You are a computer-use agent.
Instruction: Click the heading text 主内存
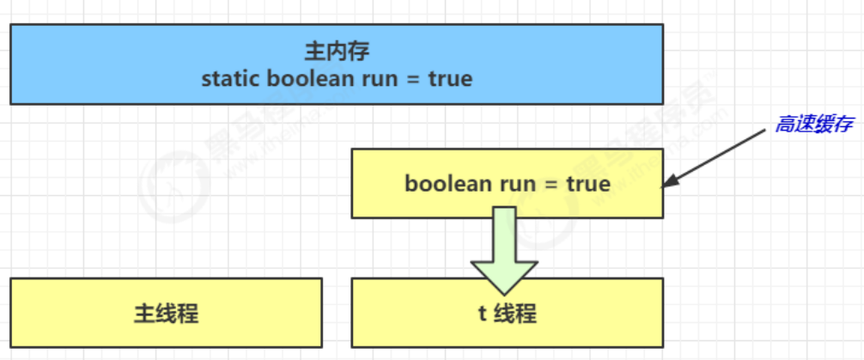coord(337,51)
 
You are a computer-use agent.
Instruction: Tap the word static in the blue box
coord(231,79)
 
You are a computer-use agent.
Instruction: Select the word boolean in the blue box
coord(308,79)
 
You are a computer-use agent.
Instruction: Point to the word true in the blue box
coord(449,79)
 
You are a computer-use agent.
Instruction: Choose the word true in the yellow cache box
coord(588,184)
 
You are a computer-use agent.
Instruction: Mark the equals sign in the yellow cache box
coord(551,184)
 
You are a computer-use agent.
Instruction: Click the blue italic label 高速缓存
coord(813,125)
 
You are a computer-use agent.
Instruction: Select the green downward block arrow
coord(503,249)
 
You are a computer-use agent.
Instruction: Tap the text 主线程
coord(166,314)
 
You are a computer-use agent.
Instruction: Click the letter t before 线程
coord(483,314)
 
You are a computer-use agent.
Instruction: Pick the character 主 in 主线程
coord(144,314)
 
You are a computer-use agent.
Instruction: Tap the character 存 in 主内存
coord(358,51)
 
